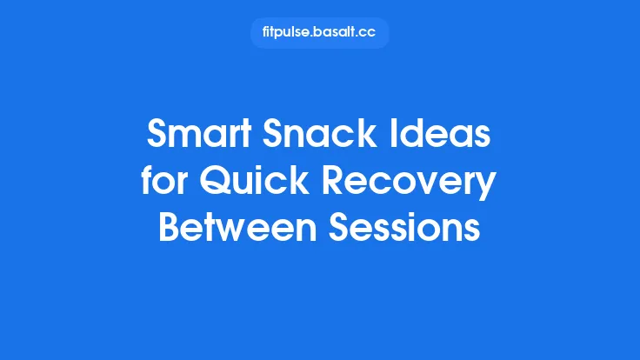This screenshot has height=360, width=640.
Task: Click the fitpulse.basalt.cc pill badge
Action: coord(319,33)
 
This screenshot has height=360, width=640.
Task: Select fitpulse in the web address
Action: coord(286,33)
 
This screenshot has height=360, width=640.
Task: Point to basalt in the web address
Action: coord(336,33)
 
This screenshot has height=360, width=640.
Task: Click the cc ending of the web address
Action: coord(369,33)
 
